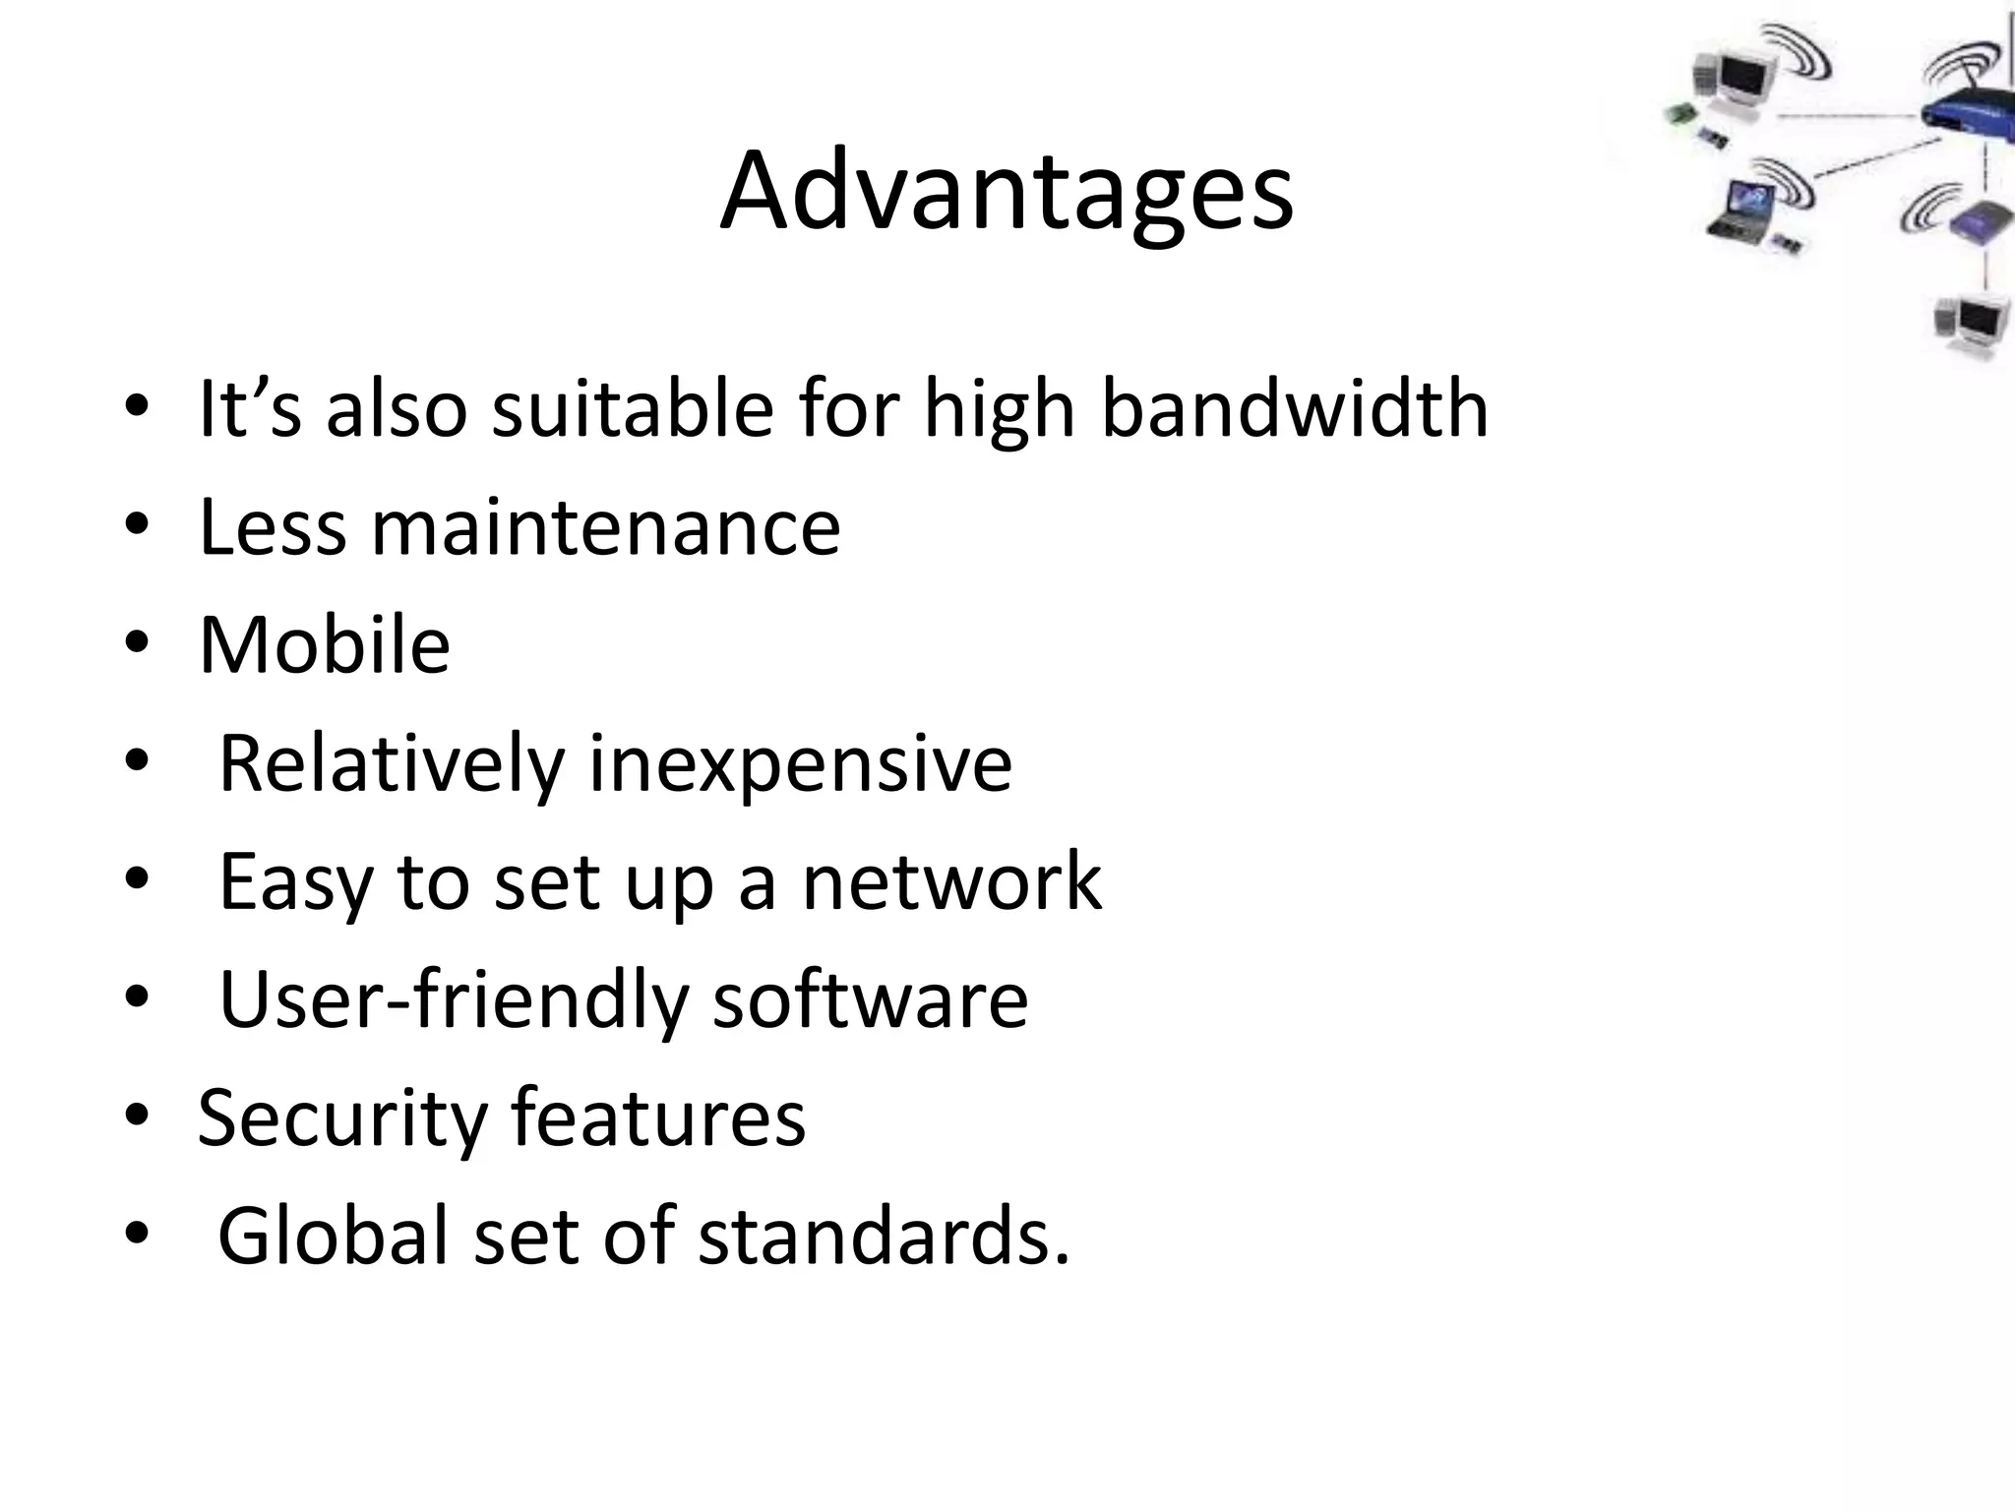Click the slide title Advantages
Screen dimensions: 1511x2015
pos(1007,192)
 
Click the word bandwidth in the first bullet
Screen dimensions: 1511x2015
pos(1294,408)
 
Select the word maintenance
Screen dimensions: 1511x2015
pos(605,527)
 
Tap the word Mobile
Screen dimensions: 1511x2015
pos(325,645)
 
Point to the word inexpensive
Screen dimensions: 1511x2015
pos(800,764)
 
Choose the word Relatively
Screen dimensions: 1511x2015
pos(392,764)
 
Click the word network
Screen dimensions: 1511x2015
pos(951,881)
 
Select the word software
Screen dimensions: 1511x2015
pos(870,1000)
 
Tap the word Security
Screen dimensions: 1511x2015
pos(341,1118)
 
